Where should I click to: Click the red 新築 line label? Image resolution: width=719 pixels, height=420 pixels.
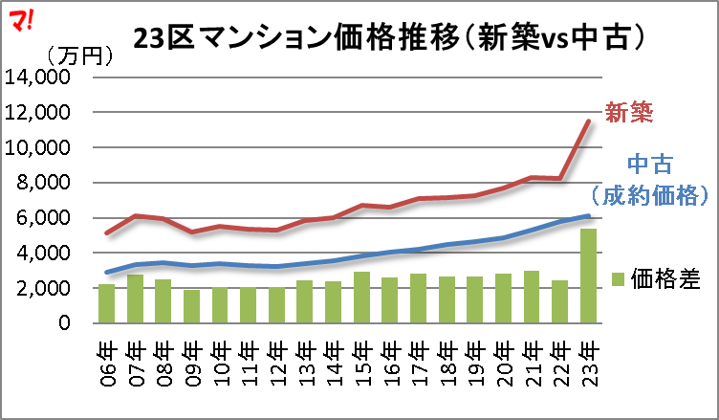[630, 113]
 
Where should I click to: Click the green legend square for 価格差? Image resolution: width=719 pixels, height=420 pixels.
[617, 278]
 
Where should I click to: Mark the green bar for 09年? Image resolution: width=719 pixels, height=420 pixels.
[191, 306]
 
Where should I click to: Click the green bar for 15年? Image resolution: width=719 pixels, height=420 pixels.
[361, 298]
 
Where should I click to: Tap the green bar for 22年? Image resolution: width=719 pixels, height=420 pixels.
[559, 301]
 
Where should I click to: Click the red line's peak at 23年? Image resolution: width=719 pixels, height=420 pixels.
[588, 121]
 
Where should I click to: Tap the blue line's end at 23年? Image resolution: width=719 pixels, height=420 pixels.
[588, 216]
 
